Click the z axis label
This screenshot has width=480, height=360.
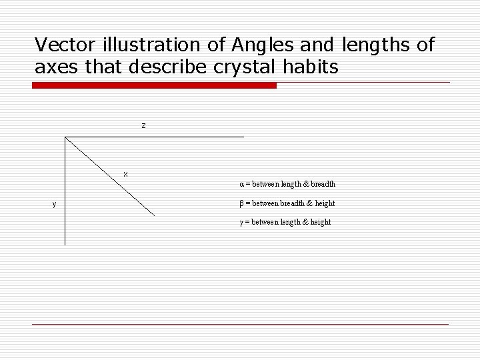(143, 125)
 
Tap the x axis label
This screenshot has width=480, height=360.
(125, 174)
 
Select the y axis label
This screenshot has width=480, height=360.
(54, 203)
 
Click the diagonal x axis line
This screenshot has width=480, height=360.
(110, 177)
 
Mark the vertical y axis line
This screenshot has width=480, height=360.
(65, 193)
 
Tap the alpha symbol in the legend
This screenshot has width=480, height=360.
(242, 184)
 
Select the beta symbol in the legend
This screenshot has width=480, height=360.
(242, 203)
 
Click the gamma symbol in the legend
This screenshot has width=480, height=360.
(242, 223)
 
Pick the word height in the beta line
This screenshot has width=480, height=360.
(324, 203)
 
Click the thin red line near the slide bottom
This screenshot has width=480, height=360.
(240, 324)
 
